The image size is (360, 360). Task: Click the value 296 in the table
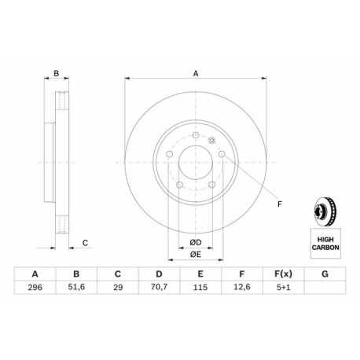[35, 287]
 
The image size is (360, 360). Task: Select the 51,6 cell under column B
[76, 287]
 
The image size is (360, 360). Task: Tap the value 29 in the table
[118, 287]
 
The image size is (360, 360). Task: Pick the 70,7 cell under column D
[159, 287]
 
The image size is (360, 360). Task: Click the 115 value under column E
[200, 287]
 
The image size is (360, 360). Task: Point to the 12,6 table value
[242, 287]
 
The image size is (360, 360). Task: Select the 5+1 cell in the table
[283, 287]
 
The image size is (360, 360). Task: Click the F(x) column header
[283, 274]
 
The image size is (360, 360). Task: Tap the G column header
[325, 274]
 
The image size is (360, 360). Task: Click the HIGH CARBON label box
[325, 244]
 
